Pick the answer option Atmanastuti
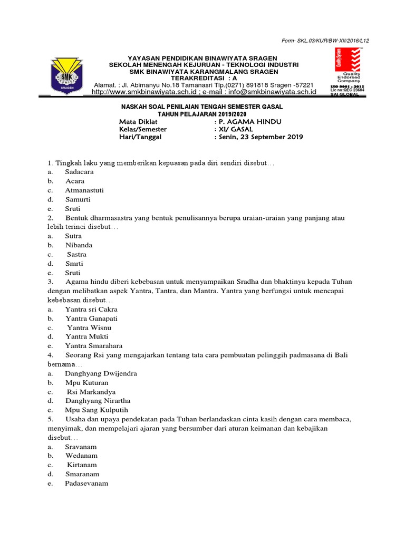pyautogui.click(x=84, y=190)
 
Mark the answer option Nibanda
pyautogui.click(x=79, y=245)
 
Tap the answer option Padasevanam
pyautogui.click(x=86, y=483)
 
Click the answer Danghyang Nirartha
pyautogui.click(x=98, y=401)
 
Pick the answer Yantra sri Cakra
pyautogui.click(x=91, y=309)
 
